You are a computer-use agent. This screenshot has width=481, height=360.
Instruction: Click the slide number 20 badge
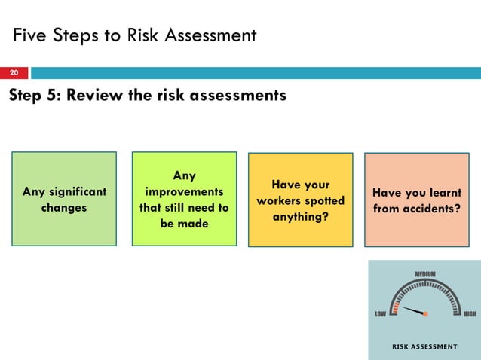(x=13, y=73)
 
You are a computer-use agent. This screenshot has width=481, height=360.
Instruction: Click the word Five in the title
(x=32, y=35)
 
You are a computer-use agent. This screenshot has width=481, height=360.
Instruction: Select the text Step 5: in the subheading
(x=35, y=96)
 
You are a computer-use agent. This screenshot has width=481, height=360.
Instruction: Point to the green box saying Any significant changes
(x=64, y=199)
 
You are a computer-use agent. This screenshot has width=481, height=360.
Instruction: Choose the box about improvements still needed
(x=184, y=199)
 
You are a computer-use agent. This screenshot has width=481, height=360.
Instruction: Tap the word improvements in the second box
(x=184, y=191)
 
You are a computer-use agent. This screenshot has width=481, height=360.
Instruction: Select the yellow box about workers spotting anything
(x=300, y=200)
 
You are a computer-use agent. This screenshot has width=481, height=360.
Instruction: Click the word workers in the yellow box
(x=280, y=200)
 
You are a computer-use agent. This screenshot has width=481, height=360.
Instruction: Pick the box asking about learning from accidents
(x=417, y=200)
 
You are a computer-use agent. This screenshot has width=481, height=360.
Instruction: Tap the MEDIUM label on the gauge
(x=425, y=273)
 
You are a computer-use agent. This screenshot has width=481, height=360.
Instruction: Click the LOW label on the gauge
(x=381, y=314)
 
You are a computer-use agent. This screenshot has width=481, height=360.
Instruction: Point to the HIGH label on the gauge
(x=469, y=314)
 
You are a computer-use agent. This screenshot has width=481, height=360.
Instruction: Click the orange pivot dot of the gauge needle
(x=425, y=314)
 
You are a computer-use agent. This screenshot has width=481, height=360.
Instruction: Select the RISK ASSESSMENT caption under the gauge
(x=424, y=346)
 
